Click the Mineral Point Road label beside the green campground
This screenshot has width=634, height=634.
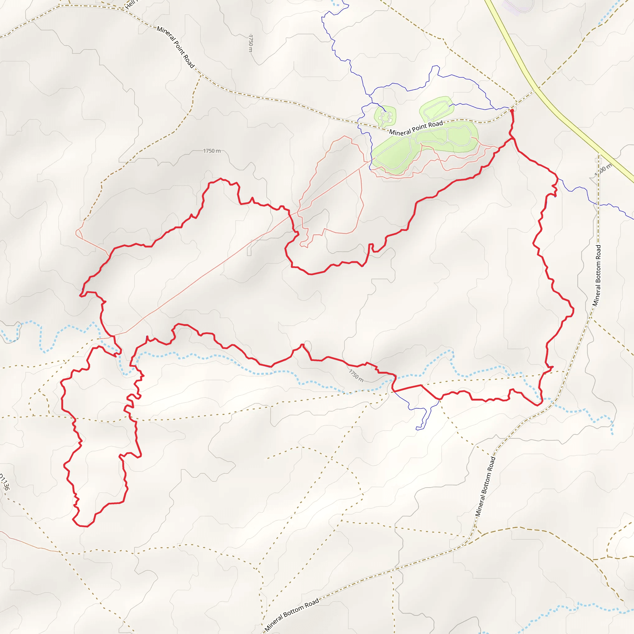[416, 128]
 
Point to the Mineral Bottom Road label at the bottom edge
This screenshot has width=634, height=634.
[292, 614]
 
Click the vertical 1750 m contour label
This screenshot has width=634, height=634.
[251, 43]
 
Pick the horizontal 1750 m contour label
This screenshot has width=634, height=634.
[212, 151]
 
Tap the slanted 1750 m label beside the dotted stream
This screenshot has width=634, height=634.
[356, 376]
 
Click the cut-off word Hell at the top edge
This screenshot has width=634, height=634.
[130, 4]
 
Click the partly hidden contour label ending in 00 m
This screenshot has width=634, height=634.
[603, 169]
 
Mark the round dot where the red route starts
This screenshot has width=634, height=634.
[512, 111]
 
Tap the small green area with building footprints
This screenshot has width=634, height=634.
[385, 116]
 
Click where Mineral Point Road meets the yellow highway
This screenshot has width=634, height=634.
[536, 89]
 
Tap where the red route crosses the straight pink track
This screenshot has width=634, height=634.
[290, 215]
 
